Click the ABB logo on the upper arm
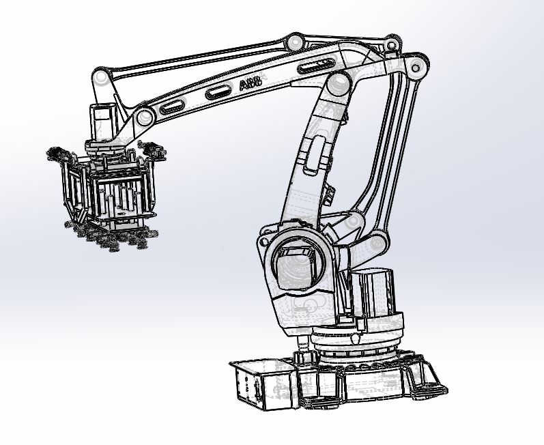click(250, 83)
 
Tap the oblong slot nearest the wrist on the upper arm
click(172, 107)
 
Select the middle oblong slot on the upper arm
click(218, 92)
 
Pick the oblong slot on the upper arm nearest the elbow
click(316, 66)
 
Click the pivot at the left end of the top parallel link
click(100, 76)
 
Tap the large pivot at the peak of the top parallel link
click(295, 42)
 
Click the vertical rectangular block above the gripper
click(102, 122)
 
